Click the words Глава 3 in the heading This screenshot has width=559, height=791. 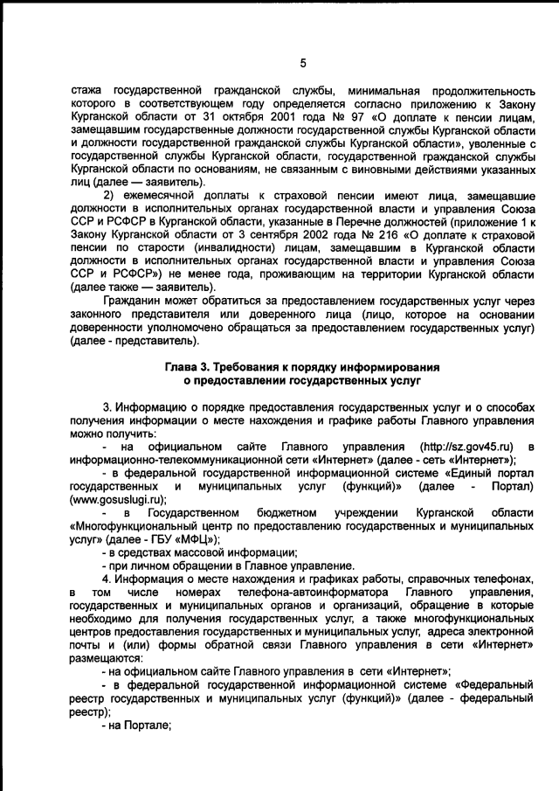click(x=191, y=367)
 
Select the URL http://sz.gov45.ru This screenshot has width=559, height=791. click(x=466, y=446)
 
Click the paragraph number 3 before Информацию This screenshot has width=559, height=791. click(x=106, y=406)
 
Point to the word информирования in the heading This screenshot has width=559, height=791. click(x=385, y=367)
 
